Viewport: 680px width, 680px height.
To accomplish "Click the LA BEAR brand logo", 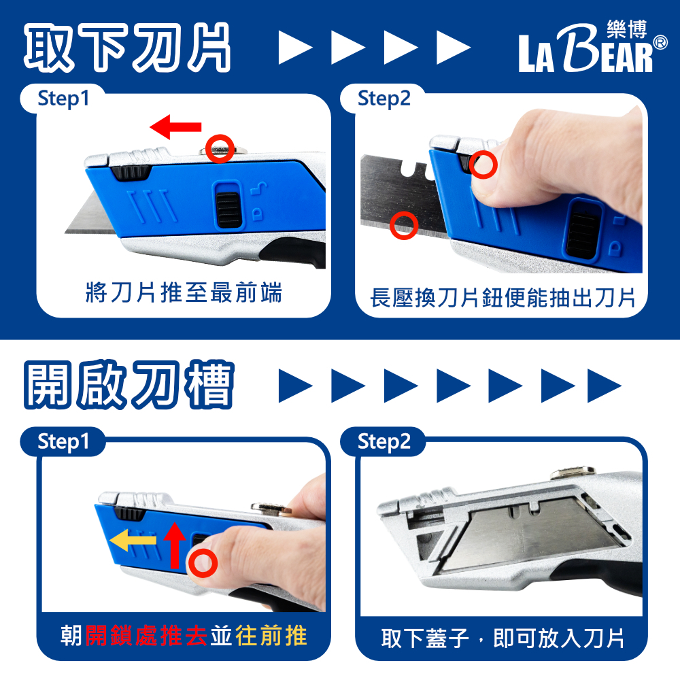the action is coord(592,47).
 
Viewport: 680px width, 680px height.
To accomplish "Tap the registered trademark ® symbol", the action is coord(660,42).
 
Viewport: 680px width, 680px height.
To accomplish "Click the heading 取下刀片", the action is coord(127,48).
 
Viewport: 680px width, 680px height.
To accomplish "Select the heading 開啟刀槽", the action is coord(129,385).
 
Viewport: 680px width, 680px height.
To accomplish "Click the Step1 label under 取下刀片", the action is coord(63,99).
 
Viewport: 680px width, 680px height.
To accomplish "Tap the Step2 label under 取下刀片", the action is coord(384,99).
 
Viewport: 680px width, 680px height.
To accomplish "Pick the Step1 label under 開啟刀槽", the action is coord(63,442).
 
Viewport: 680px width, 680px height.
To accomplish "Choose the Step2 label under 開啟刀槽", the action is coord(384,442).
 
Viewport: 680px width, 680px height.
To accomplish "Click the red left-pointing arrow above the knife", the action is coord(175,126).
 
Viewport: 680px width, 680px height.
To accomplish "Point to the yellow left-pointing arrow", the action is coord(133,540).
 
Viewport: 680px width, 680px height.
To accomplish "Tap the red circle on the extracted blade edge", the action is coord(404,226).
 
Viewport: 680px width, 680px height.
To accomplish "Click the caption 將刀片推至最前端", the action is coord(184,292).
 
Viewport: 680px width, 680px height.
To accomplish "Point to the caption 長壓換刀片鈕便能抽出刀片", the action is coord(503,298).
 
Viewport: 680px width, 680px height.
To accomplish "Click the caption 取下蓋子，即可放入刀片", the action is coord(503,638).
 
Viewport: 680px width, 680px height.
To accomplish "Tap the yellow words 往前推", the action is coord(271,636).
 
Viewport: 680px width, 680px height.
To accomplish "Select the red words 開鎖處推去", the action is coord(146,636).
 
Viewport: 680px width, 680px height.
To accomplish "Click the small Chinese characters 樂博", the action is coord(627,29).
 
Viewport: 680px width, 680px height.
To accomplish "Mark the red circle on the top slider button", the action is coord(220,149).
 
